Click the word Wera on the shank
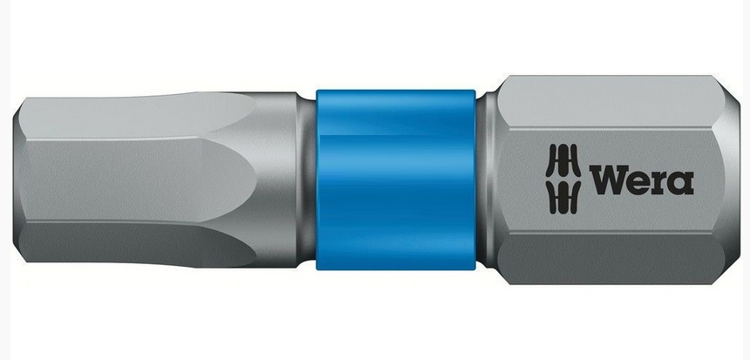pyautogui.click(x=641, y=180)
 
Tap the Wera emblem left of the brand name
pyautogui.click(x=563, y=179)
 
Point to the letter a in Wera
pyautogui.click(x=681, y=183)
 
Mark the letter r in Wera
pyautogui.click(x=660, y=183)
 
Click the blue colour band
pyautogui.click(x=396, y=180)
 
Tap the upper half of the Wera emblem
pyautogui.click(x=563, y=160)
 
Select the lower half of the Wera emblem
pyautogui.click(x=563, y=197)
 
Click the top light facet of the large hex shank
pyautogui.click(x=608, y=102)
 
